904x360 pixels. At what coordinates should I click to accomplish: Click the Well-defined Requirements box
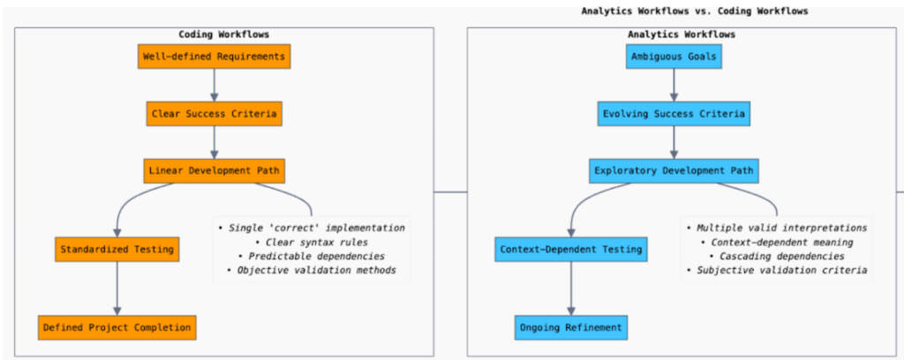point(214,57)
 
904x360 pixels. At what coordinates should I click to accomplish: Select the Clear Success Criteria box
point(214,114)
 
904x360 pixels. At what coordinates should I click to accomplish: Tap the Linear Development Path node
point(214,170)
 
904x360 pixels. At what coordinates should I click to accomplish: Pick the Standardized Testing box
point(117,251)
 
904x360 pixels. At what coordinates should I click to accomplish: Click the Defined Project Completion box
point(117,327)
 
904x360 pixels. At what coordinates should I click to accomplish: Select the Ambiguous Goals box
point(674,57)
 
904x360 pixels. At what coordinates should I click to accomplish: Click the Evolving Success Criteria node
point(674,114)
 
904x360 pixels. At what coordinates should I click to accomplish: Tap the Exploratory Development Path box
point(674,170)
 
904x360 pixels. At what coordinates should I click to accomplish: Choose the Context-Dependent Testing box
point(570,251)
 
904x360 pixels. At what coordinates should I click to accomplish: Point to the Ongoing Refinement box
point(570,327)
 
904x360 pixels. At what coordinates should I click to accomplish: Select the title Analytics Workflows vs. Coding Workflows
point(695,11)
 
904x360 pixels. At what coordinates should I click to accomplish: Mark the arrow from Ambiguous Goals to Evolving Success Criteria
point(674,86)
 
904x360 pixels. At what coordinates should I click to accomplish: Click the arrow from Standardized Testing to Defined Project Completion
point(117,289)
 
